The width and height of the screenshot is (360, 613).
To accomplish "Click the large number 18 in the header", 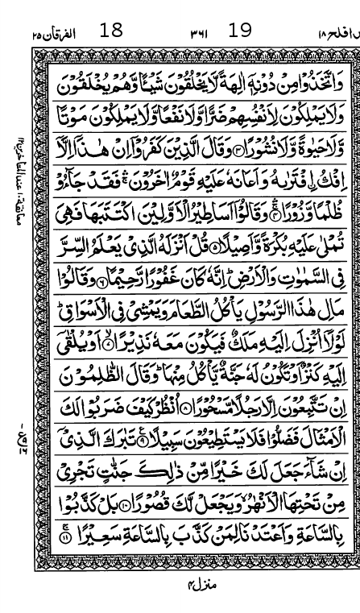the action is [111, 31].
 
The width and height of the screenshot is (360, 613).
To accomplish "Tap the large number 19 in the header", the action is [240, 31].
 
